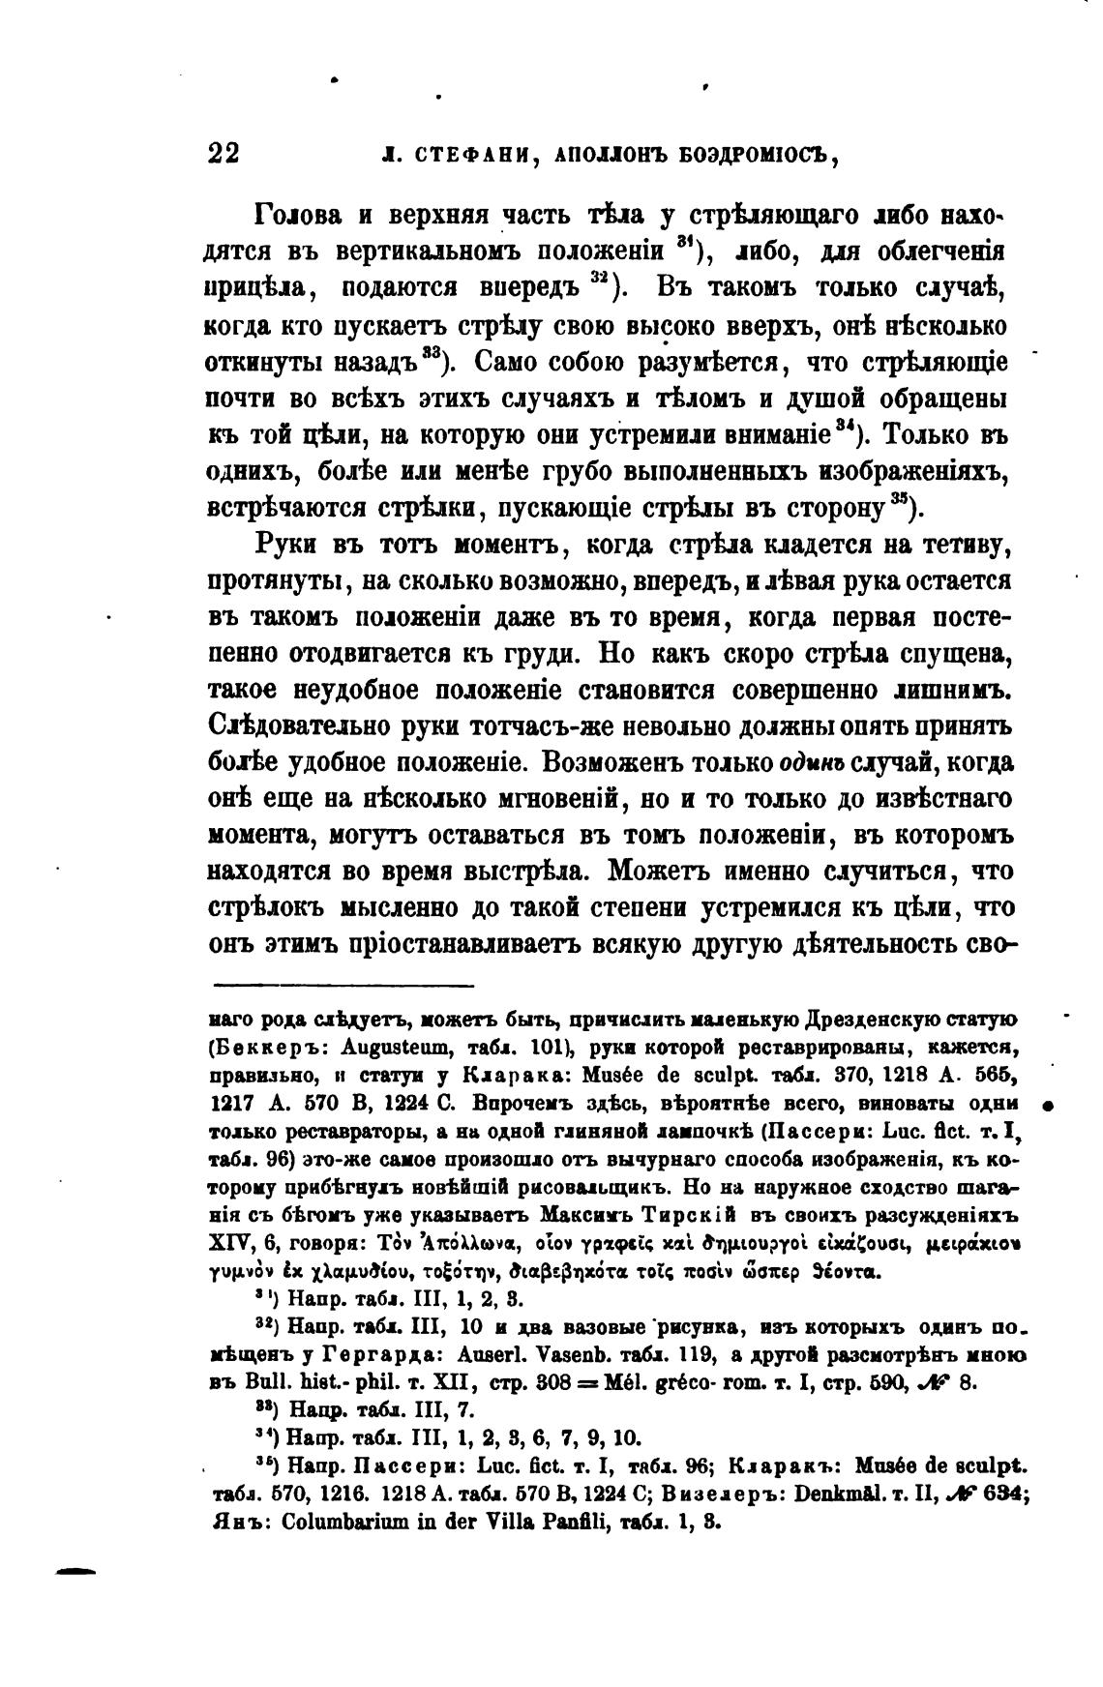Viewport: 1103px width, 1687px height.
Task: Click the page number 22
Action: [224, 154]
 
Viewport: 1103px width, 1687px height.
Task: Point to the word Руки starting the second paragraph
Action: [286, 545]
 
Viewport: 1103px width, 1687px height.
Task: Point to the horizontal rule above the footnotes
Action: [343, 985]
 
